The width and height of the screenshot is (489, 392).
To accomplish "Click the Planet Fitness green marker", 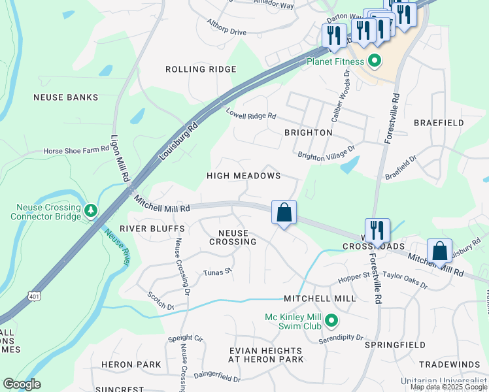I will pyautogui.click(x=375, y=63).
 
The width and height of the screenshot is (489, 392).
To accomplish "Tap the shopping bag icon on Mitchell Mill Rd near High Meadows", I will pyautogui.click(x=284, y=213).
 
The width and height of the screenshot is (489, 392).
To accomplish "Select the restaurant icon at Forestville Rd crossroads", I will pyautogui.click(x=377, y=231).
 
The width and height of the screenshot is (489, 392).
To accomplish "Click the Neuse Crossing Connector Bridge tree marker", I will pyautogui.click(x=92, y=210).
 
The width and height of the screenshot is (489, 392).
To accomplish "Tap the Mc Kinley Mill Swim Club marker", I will pyautogui.click(x=331, y=320).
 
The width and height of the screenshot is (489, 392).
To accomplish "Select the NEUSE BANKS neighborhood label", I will pyautogui.click(x=66, y=97).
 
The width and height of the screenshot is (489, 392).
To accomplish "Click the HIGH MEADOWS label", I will pyautogui.click(x=243, y=176).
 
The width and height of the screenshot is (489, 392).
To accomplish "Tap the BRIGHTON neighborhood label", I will pyautogui.click(x=308, y=133).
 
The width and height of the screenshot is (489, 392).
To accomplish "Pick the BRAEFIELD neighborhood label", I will pyautogui.click(x=439, y=123).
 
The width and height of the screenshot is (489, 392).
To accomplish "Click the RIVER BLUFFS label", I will pyautogui.click(x=143, y=229).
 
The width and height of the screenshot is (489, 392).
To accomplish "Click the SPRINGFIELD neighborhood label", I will pyautogui.click(x=395, y=344).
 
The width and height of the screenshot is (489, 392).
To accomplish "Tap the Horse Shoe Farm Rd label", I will pyautogui.click(x=76, y=150).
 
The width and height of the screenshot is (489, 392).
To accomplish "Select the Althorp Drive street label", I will pyautogui.click(x=226, y=31).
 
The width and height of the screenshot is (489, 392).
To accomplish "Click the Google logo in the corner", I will pyautogui.click(x=22, y=384).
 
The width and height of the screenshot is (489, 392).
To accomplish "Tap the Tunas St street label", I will pyautogui.click(x=218, y=272).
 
